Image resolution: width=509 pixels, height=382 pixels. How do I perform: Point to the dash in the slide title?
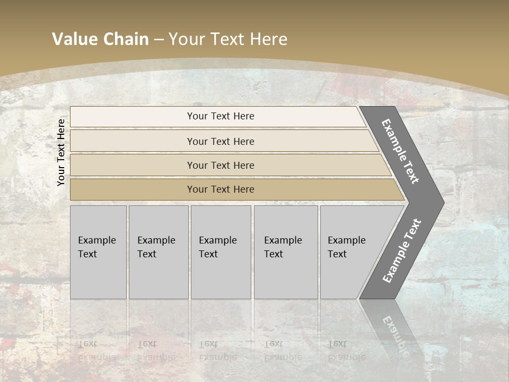(159, 40)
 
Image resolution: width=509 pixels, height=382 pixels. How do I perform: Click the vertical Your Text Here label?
(61, 152)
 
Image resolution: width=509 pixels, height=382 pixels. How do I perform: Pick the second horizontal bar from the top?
(221, 141)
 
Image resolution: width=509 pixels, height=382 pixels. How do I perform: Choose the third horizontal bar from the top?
(221, 165)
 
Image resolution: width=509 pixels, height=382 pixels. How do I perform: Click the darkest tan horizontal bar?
(221, 189)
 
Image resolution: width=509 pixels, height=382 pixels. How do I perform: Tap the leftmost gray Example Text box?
(98, 252)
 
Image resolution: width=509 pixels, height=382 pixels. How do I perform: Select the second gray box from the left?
(158, 252)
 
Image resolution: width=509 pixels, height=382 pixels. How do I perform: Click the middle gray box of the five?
(221, 252)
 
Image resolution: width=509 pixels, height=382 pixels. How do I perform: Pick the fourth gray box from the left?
(285, 252)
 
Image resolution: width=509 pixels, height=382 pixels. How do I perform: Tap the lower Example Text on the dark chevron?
(402, 250)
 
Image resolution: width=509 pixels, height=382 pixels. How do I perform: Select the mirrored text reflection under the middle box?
(217, 351)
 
